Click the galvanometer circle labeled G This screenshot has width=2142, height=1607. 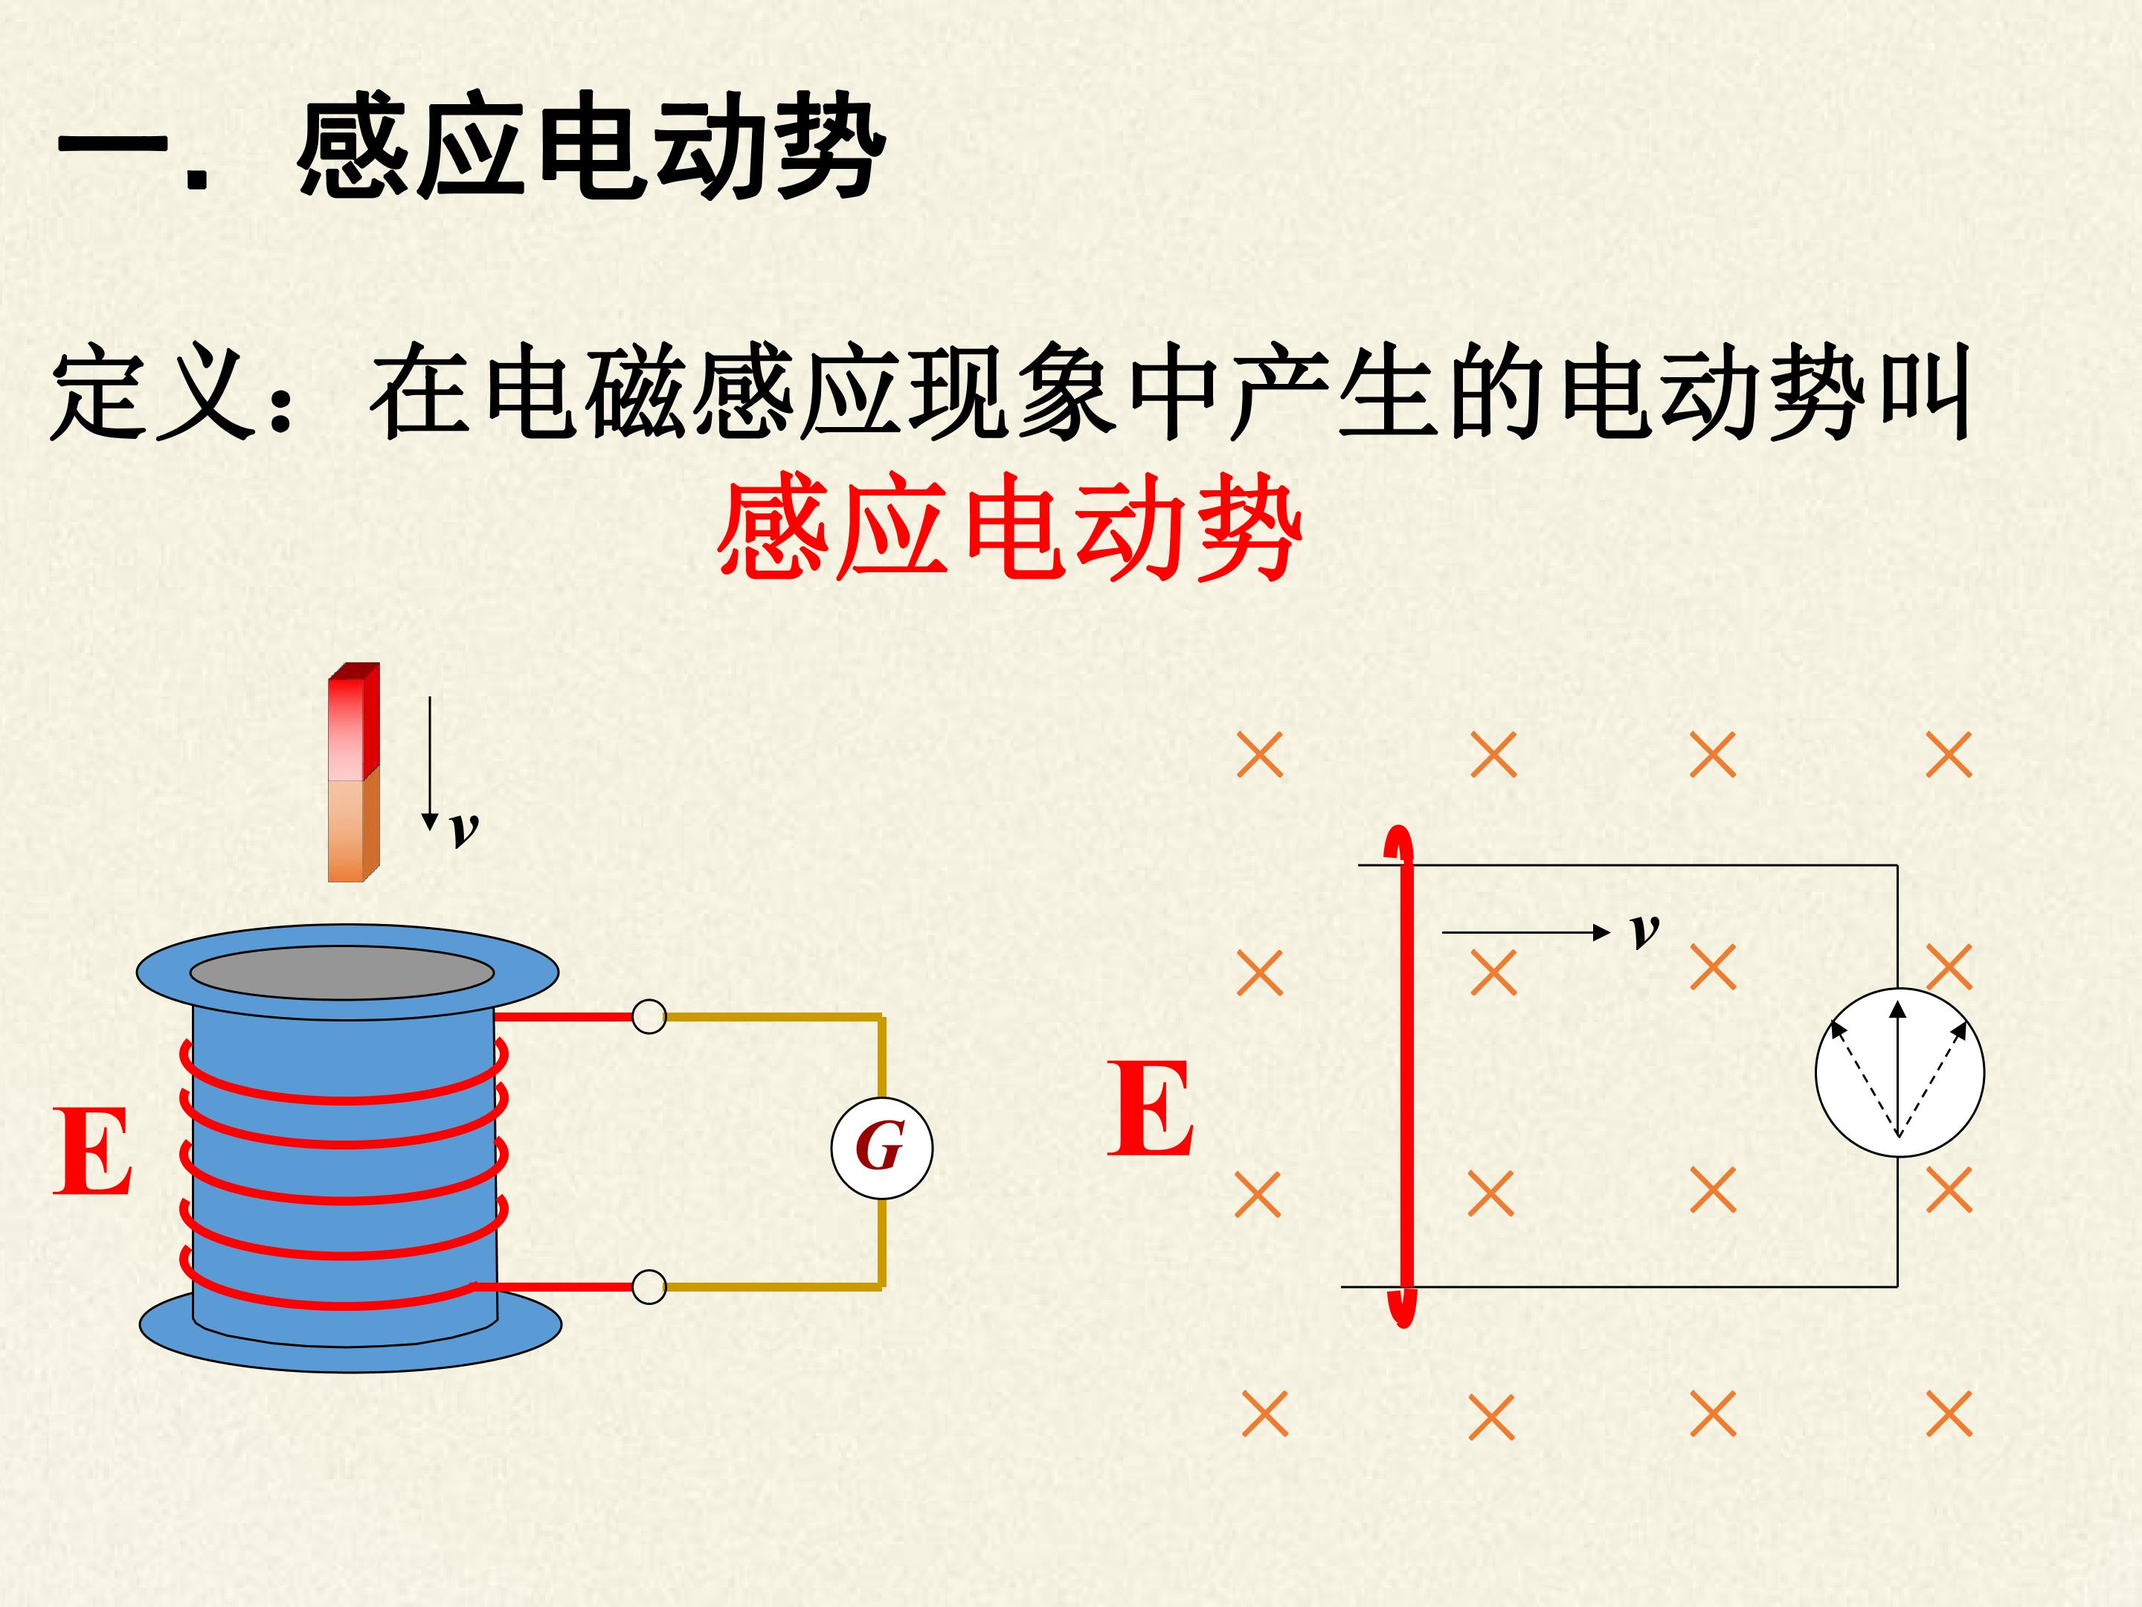[881, 1148]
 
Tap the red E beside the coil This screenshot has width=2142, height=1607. [92, 1152]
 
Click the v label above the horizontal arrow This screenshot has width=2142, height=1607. [1644, 930]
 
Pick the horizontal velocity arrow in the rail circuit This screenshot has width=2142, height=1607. [1525, 933]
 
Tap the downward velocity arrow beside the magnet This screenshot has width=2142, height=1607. [430, 763]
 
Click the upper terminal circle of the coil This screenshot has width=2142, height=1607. [649, 1017]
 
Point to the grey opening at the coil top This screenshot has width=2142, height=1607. [342, 972]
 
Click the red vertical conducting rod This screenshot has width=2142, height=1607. [1402, 1075]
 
